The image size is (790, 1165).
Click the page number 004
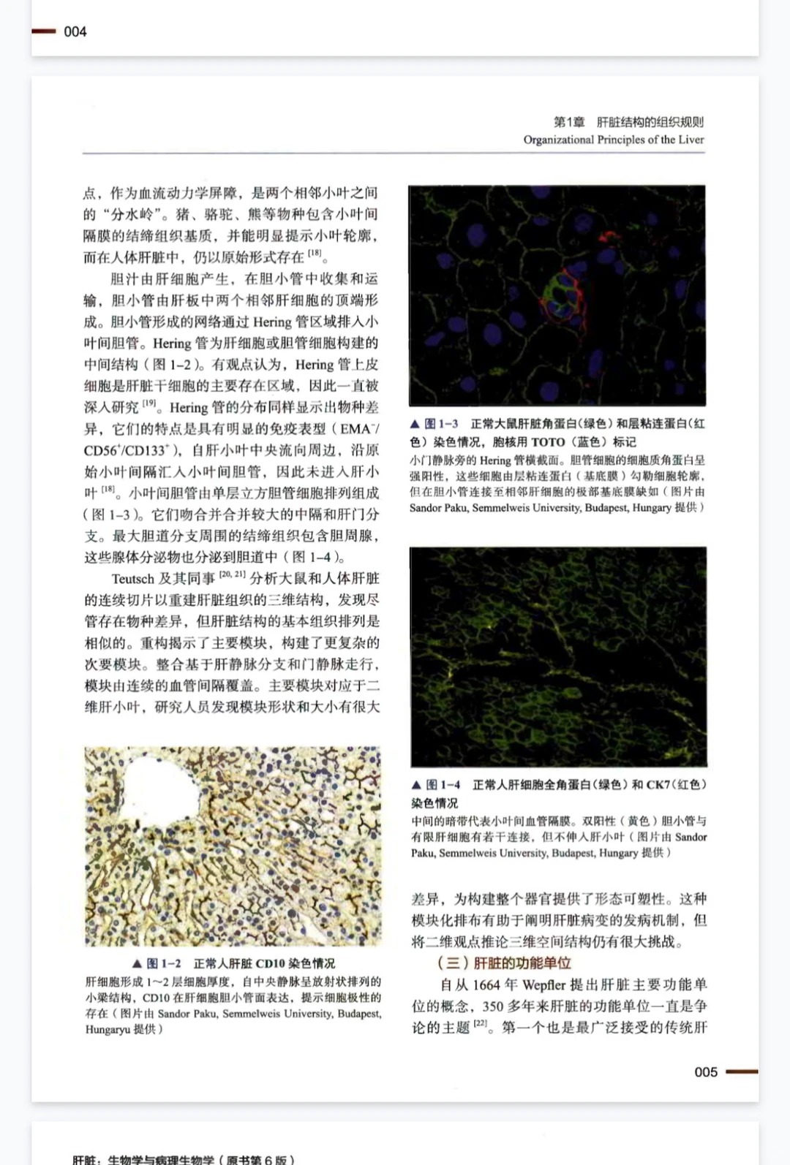pos(75,31)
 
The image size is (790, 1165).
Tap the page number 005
pos(706,1071)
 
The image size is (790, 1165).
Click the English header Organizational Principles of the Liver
pos(613,140)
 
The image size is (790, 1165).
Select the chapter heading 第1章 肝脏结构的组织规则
pos(628,122)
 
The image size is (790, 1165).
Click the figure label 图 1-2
pos(163,963)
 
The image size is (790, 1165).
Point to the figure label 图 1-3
pos(441,424)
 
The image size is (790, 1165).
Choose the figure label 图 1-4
pos(443,784)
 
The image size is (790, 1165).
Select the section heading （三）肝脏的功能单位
pos(504,963)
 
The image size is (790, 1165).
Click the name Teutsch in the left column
pos(132,579)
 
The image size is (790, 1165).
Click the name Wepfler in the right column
pos(543,984)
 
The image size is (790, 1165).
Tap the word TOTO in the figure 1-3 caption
pos(548,441)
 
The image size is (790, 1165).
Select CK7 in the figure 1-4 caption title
pos(658,784)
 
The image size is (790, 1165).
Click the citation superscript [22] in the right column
pos(480,1024)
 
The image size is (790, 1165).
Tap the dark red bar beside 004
pos(43,31)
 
